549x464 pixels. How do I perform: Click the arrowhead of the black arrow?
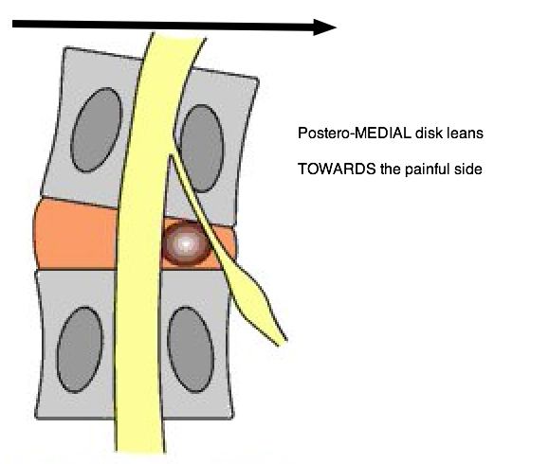pos(324,27)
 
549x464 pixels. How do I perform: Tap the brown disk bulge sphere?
pos(186,243)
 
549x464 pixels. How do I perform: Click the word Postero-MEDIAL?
pos(355,134)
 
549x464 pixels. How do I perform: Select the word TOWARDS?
pos(337,170)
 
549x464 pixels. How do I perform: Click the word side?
pos(467,170)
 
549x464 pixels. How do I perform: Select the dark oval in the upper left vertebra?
pos(97,130)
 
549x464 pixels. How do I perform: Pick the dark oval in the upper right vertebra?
pos(202,149)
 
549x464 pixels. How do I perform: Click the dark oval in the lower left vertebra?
pos(80,349)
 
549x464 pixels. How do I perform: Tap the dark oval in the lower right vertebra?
pos(191,349)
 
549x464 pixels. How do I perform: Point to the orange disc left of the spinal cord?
pos(75,234)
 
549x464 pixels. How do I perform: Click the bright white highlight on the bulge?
pos(186,243)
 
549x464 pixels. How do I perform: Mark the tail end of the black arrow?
pos(13,24)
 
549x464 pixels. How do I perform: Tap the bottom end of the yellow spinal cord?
pos(140,451)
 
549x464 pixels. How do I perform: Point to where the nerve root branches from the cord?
pos(172,155)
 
